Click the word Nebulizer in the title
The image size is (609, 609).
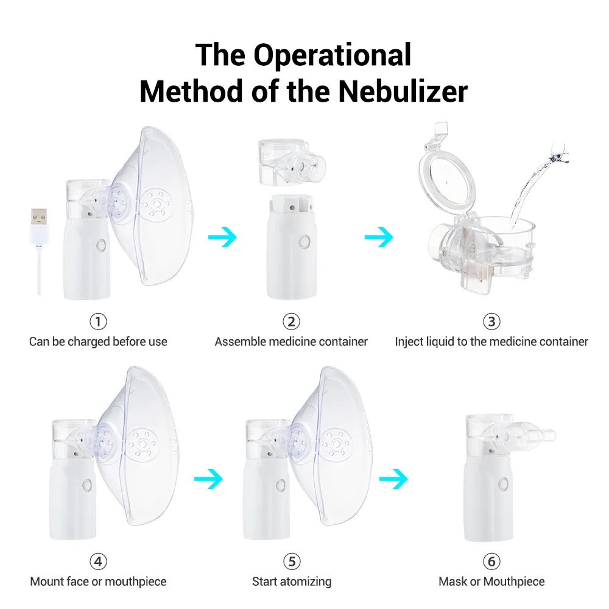point(403,91)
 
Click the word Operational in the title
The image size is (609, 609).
point(333,55)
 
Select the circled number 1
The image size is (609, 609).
point(98,321)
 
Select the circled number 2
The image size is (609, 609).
point(291,321)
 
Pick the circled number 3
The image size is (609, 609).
point(491,321)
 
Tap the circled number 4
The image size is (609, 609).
point(98,561)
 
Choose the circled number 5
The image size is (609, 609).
point(292,561)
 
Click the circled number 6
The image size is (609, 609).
point(491,561)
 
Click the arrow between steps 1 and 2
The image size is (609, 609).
point(222,236)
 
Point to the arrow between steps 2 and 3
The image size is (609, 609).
point(379,236)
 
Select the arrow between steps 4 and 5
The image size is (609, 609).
point(208,479)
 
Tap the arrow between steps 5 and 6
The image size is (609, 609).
point(393,479)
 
